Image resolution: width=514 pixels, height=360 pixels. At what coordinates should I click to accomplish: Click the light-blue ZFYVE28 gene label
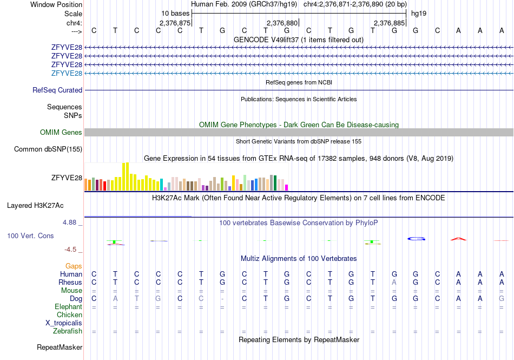(67, 73)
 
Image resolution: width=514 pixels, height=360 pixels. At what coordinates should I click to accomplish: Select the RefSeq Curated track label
(57, 90)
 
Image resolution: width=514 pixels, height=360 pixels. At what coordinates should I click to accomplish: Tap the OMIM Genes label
(61, 132)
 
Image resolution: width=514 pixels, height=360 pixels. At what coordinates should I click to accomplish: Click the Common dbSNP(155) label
(48, 149)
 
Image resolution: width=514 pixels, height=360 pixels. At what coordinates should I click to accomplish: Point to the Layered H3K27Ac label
(35, 206)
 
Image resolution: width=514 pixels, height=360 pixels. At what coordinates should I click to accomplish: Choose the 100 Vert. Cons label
(30, 235)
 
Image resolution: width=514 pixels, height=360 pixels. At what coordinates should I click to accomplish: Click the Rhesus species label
(70, 282)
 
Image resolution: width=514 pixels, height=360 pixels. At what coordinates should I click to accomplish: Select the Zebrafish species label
(68, 331)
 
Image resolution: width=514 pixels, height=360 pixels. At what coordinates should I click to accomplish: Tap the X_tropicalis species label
(64, 323)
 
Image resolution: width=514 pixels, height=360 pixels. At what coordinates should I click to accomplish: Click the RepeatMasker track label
(60, 347)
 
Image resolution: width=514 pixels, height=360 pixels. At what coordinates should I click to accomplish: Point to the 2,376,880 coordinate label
(282, 23)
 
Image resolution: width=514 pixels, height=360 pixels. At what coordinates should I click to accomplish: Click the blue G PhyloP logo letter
(416, 239)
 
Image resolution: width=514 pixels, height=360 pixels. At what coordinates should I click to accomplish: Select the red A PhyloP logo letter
(458, 239)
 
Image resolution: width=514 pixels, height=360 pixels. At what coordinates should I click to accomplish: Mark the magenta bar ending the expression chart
(287, 188)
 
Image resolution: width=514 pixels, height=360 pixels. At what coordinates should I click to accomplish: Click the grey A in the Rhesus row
(394, 282)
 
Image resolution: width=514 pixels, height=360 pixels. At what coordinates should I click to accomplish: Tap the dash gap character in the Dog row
(222, 299)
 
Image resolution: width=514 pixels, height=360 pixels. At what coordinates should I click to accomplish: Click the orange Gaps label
(74, 266)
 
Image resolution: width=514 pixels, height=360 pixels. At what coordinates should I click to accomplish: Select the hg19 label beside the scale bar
(419, 14)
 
